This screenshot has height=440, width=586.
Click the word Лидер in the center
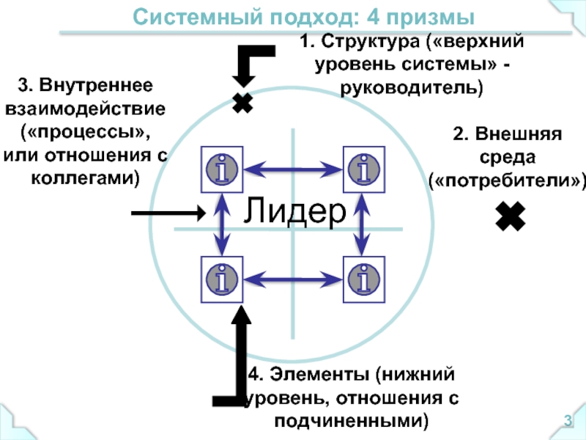294,211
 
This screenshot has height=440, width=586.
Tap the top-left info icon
220,169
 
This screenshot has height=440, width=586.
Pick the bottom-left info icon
220,278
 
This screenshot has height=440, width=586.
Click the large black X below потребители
511,217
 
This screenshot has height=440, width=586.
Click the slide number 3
566,421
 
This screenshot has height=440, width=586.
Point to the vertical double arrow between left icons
221,224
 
